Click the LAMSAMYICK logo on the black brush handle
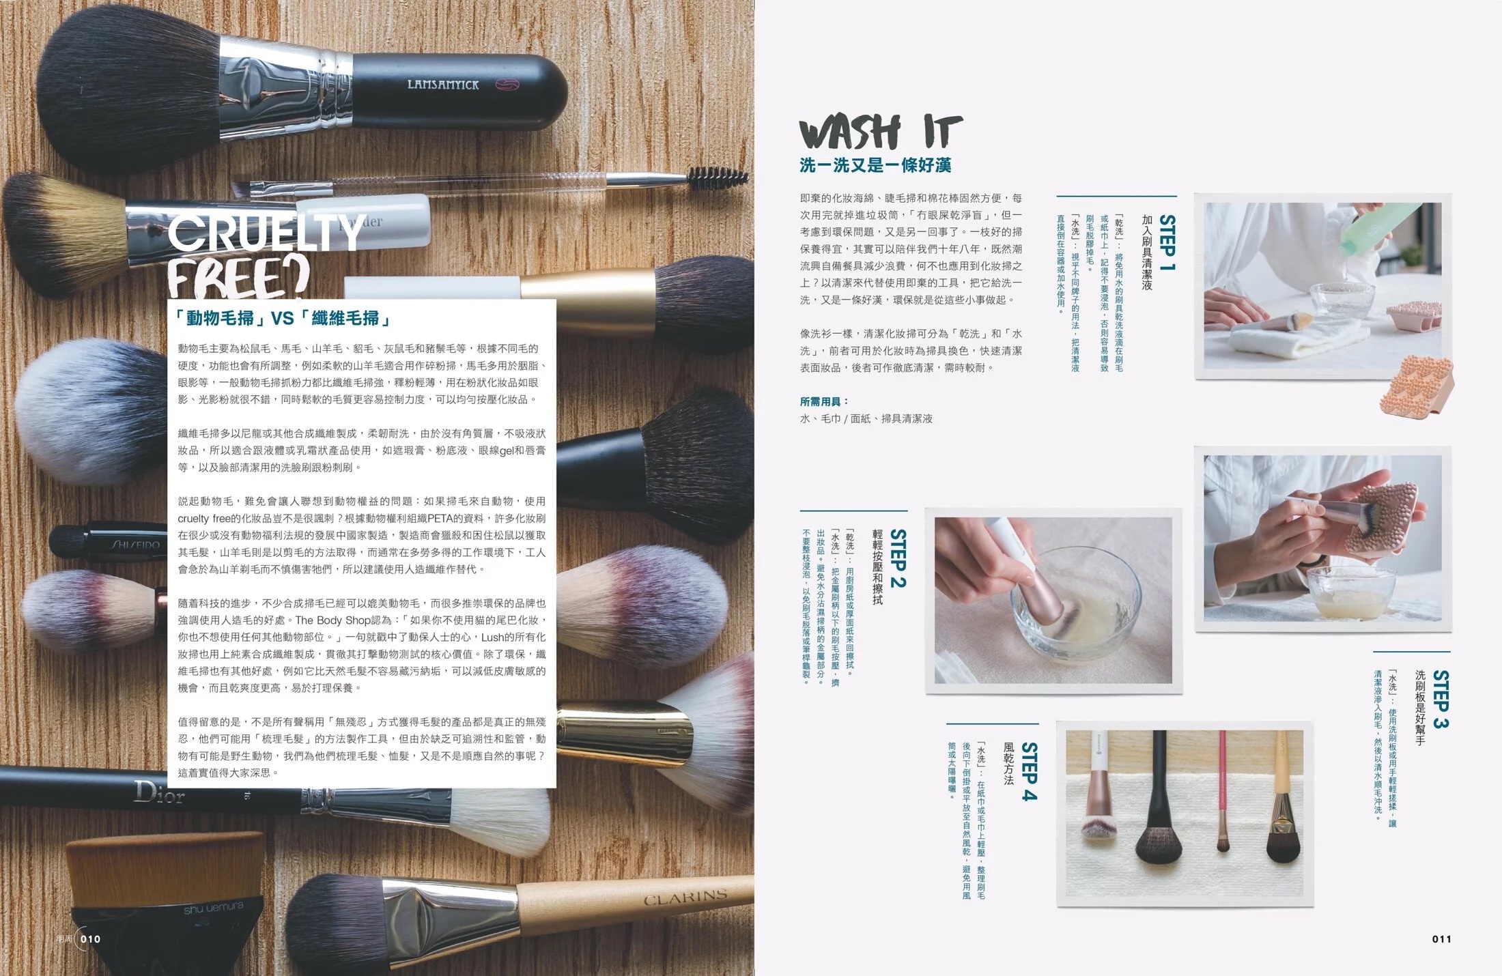tap(443, 85)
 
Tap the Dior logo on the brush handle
tap(159, 792)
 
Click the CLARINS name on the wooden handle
tap(685, 896)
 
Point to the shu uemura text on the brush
tap(213, 908)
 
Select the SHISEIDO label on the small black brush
tap(134, 545)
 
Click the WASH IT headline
tap(880, 132)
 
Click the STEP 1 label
tap(1167, 243)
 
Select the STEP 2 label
tap(898, 558)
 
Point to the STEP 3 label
tap(1441, 699)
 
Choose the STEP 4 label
tap(1029, 771)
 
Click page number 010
tap(90, 939)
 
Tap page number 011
tap(1441, 939)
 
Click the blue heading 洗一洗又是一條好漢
tap(875, 165)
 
